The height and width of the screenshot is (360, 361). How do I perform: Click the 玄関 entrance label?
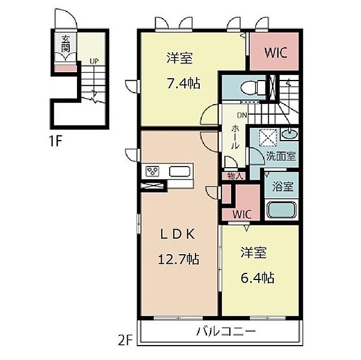pos(66,43)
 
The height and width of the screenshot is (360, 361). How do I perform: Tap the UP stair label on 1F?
pos(94,61)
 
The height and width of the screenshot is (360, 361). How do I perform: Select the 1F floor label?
pos(56,141)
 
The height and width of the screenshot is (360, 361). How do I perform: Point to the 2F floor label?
pos(126,341)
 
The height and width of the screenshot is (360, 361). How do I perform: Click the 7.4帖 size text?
pos(184,84)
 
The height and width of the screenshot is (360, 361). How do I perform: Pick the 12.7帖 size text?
pos(179,259)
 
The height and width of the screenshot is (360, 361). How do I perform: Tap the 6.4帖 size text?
pos(258,278)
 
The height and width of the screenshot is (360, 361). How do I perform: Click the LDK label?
pos(178,234)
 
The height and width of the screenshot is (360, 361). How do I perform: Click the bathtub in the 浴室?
pos(282,210)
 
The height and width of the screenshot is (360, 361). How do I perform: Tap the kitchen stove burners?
pos(152,171)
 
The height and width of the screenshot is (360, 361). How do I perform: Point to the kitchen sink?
pos(179,172)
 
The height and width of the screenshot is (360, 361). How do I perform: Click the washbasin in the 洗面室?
pos(289,134)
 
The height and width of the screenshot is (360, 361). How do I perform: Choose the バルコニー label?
pos(226,332)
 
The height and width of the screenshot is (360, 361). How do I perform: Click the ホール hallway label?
pos(235,137)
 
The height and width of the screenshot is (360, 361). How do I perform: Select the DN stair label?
pos(242,115)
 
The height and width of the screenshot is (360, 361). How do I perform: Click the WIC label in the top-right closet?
pos(276,53)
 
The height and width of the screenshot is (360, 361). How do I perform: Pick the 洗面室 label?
pos(281,156)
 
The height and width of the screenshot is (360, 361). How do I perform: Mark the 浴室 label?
pos(283,186)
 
